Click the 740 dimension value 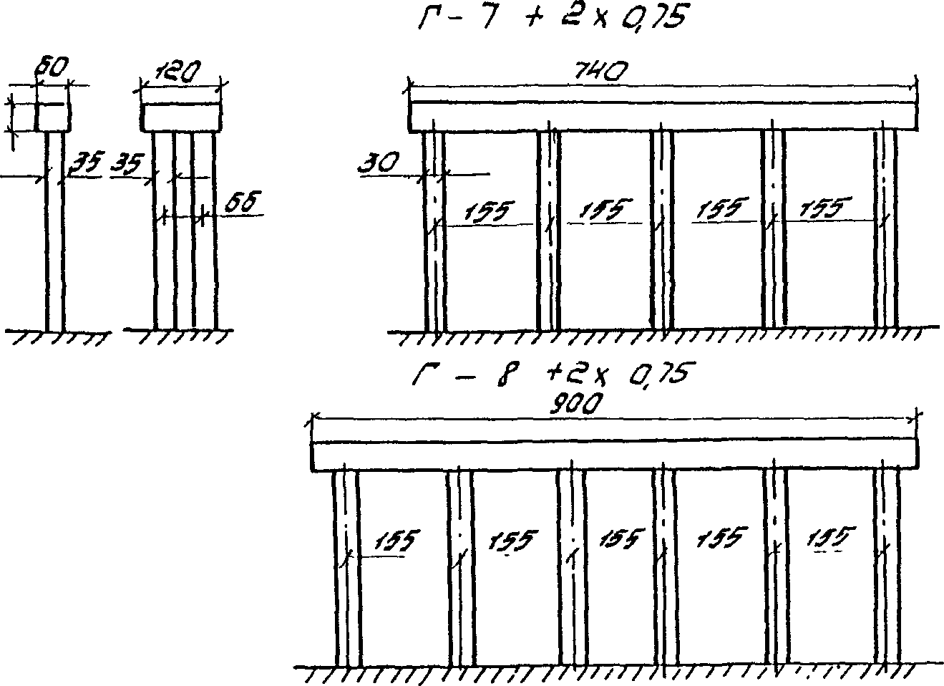[601, 72]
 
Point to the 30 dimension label [378, 165]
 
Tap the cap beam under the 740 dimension [663, 117]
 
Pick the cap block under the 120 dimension [181, 117]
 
